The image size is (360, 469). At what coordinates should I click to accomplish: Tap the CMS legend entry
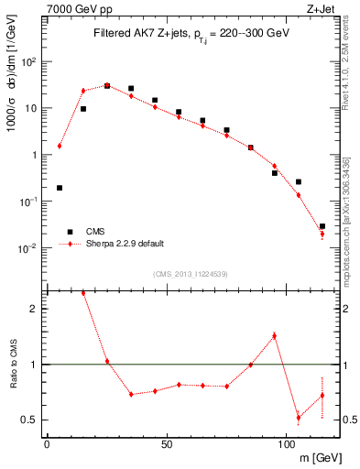pyautogui.click(x=94, y=232)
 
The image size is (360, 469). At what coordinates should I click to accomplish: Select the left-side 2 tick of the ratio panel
pyautogui.click(x=37, y=309)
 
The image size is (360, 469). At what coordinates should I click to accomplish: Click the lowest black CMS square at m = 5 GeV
pyautogui.click(x=59, y=188)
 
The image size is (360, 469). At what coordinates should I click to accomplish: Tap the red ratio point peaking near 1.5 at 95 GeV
pyautogui.click(x=274, y=335)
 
